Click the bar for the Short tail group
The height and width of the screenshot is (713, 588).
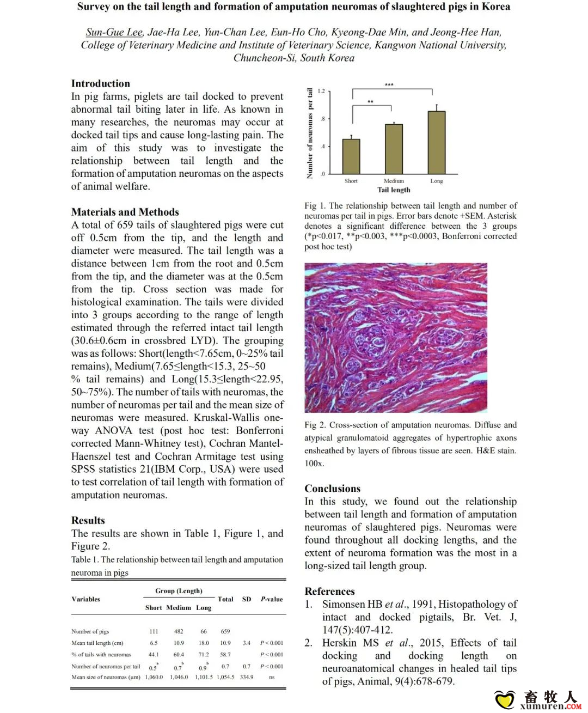coord(351,156)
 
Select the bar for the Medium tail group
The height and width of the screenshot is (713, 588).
coord(394,149)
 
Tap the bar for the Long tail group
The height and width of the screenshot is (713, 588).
coord(436,142)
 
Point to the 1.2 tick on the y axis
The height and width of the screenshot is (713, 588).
coord(321,91)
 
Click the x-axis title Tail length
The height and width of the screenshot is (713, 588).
coord(394,190)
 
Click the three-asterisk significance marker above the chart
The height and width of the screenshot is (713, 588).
coord(389,85)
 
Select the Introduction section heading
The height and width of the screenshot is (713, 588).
coord(101,83)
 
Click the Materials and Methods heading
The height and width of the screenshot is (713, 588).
coord(125,212)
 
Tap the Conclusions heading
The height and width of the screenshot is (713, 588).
coord(332,489)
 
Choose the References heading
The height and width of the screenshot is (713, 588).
coord(329,592)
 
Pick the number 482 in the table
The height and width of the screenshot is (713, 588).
coord(179,631)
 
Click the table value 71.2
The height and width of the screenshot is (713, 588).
coord(204,655)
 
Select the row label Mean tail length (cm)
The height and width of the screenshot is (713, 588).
coord(97,643)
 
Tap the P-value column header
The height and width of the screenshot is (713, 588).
coord(271,599)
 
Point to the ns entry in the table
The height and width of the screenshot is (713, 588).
coord(271,677)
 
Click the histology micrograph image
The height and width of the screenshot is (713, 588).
coord(396,338)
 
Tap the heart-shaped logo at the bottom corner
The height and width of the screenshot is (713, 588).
coord(505,699)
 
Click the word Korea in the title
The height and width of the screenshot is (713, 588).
coord(496,7)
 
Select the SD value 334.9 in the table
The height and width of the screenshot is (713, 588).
coord(247,677)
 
